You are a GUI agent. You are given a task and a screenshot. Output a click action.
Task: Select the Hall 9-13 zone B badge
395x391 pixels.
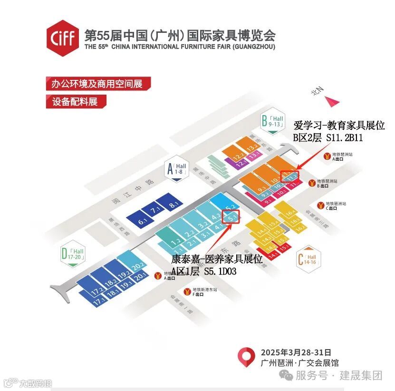(272, 121)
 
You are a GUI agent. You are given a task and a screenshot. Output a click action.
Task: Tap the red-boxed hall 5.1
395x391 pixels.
(233, 218)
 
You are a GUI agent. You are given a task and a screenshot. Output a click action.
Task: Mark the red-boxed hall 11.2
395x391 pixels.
(289, 177)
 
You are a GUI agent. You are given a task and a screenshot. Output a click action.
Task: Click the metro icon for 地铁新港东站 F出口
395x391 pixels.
(188, 292)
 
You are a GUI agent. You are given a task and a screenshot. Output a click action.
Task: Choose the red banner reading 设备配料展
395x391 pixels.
(76, 101)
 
